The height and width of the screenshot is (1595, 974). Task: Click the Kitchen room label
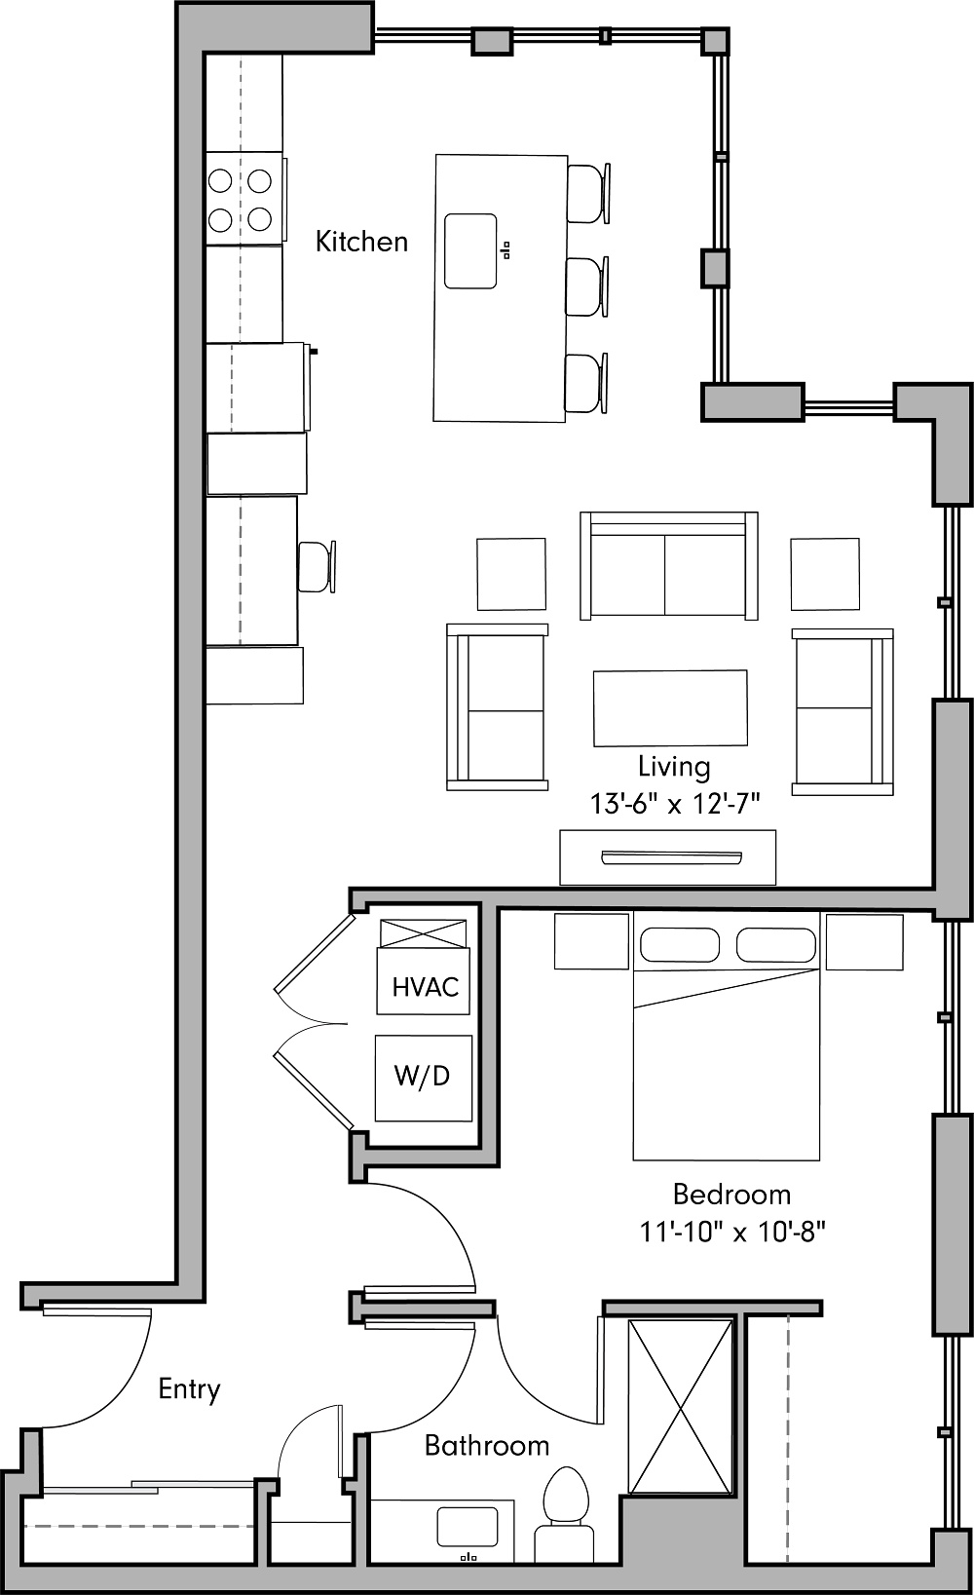361,242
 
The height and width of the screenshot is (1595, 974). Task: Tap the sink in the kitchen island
470,251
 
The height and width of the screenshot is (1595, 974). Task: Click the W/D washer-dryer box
424,1078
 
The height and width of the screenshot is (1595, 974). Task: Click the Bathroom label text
487,1445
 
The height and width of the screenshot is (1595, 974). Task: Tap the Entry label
189,1388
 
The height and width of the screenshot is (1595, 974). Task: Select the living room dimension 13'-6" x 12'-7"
674,804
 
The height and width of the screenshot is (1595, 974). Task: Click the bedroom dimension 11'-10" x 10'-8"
732,1232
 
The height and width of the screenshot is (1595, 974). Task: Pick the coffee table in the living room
670,707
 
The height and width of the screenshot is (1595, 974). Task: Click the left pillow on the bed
680,944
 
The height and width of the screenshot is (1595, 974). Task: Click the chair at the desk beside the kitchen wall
317,566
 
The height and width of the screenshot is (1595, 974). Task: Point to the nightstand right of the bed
864,942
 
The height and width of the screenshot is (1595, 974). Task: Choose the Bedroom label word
731,1194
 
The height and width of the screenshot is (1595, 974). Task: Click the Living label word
674,767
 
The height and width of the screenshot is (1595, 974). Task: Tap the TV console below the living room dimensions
668,857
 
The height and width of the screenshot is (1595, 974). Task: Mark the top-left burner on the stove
221,181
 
